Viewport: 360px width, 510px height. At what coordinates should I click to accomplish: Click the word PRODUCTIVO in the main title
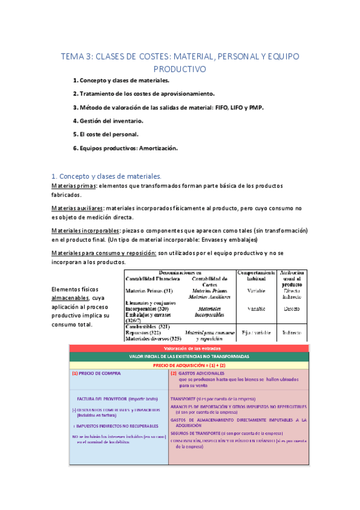[180, 69]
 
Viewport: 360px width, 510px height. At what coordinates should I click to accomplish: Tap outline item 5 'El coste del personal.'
[105, 134]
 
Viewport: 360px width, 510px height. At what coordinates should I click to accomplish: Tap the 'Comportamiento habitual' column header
[257, 275]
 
